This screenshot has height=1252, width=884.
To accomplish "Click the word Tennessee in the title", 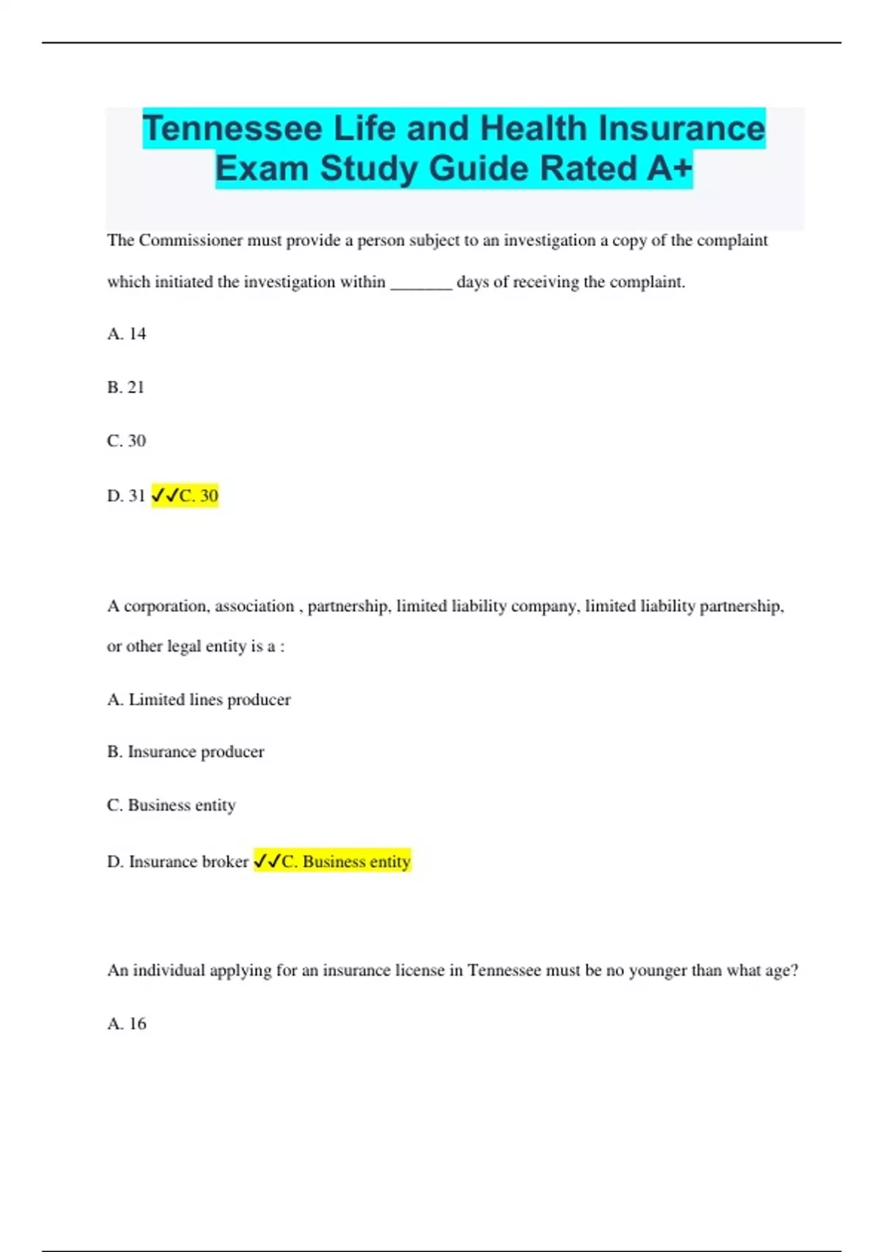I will tap(232, 129).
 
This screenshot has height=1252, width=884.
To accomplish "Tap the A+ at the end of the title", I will tap(670, 169).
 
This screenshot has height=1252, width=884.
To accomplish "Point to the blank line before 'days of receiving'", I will tap(421, 284).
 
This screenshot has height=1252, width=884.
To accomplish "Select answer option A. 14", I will tap(127, 334).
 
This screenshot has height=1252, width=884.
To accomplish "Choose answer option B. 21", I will tap(126, 387).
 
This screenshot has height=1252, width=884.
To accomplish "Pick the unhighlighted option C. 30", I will tap(127, 441).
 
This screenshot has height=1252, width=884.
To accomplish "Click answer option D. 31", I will tap(126, 496).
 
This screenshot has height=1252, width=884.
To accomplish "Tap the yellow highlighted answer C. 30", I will tap(186, 496).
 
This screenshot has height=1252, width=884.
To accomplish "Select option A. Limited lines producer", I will tap(199, 700).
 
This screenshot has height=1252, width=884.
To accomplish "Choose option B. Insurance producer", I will tap(186, 752).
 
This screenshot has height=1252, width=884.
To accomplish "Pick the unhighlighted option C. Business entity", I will tap(172, 805).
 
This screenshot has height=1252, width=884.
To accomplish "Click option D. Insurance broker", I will tap(178, 862).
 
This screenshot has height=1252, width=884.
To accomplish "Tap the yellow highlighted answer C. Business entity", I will tap(333, 862).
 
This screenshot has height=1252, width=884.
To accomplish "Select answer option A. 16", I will tap(127, 1024).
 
